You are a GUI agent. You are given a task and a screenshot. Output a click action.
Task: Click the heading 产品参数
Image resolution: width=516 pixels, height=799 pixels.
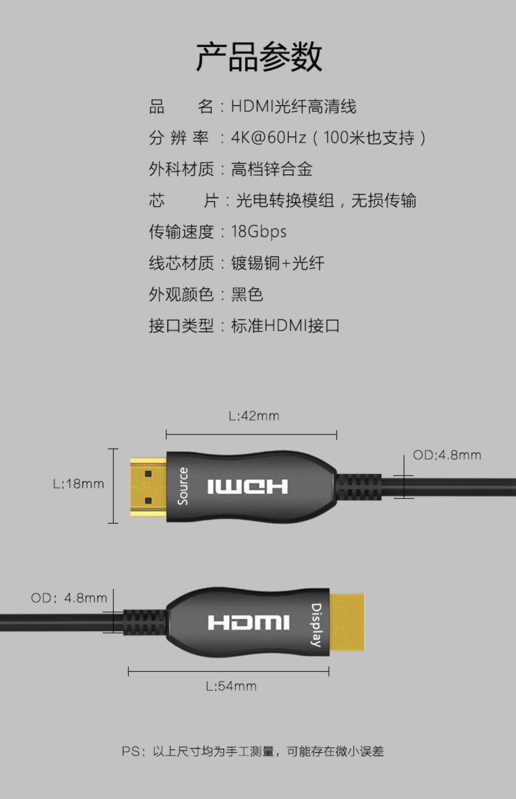click(259, 57)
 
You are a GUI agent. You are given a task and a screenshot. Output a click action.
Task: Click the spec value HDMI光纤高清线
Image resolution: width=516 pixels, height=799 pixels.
click(293, 106)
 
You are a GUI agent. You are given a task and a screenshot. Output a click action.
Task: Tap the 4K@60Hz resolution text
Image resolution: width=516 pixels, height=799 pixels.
click(268, 138)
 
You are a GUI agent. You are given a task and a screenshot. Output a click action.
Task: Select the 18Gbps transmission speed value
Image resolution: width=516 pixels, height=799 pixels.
click(259, 232)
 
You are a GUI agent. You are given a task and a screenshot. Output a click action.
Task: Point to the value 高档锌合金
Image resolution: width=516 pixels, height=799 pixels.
click(271, 169)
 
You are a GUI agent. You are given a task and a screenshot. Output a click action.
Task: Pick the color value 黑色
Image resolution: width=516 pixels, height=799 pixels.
click(247, 295)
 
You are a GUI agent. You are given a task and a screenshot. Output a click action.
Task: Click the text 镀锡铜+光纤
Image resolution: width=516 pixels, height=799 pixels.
click(277, 263)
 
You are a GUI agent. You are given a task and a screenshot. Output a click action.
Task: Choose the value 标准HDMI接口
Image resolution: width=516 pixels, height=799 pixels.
click(285, 326)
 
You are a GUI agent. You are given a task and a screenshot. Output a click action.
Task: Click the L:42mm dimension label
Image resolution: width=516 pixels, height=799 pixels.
click(254, 416)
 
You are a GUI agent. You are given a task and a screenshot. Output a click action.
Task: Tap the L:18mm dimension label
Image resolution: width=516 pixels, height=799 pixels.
click(78, 484)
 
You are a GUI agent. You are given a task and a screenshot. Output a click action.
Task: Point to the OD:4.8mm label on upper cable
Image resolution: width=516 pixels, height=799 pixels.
click(447, 455)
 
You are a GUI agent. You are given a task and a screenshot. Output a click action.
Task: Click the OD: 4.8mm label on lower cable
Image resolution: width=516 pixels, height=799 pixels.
click(69, 598)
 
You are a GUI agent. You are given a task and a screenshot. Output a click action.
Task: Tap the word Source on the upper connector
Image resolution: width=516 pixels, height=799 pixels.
click(183, 486)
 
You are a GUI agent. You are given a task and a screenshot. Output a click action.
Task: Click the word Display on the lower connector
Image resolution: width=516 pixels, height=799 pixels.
click(316, 625)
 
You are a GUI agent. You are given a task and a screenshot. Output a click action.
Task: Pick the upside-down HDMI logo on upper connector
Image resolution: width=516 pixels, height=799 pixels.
click(247, 487)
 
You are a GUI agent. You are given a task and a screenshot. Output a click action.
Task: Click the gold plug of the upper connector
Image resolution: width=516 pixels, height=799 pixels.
click(148, 487)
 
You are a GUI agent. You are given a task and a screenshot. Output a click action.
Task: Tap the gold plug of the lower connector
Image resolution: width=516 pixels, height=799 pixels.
click(347, 622)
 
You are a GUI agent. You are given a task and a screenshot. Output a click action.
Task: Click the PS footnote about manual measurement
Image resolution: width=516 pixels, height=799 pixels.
click(253, 751)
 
